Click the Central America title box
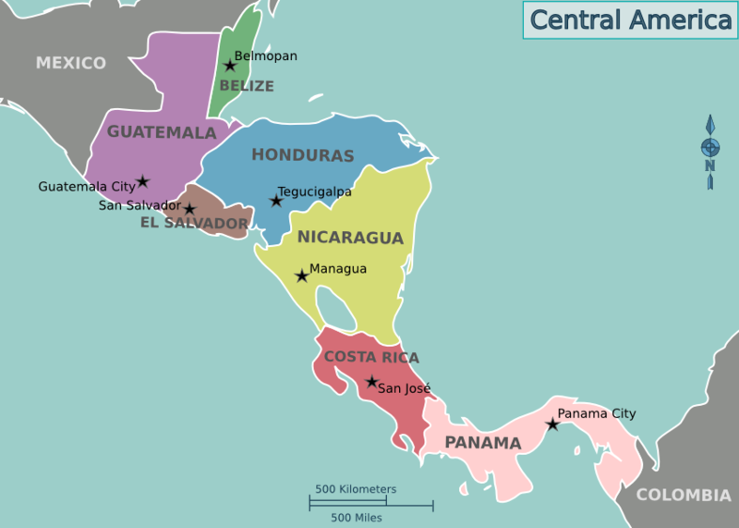point(630,19)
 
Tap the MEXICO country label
point(71,63)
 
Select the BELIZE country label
point(247,86)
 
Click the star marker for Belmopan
point(230,66)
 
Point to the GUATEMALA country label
point(162,132)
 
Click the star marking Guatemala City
point(142,181)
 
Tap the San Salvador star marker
point(189,209)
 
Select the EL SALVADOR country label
point(194,224)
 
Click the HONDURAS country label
point(303,155)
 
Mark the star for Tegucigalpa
point(275,200)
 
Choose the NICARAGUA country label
point(350,238)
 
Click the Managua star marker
point(301,276)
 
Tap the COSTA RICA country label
point(371,357)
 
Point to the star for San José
point(371,382)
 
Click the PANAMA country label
point(483,443)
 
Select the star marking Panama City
point(551,424)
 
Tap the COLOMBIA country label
point(684,496)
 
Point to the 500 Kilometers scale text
point(356,489)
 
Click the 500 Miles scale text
point(357,518)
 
